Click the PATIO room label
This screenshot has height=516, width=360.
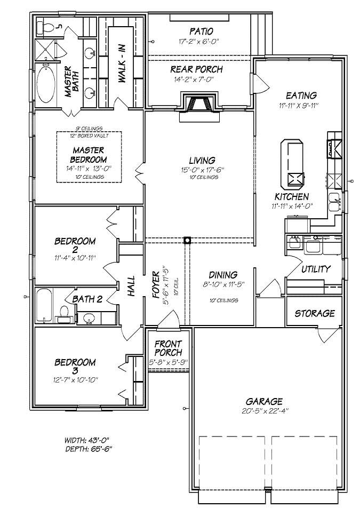(x=200, y=31)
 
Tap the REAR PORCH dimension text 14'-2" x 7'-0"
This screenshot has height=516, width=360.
(x=196, y=80)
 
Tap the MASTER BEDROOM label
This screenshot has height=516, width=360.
(x=89, y=155)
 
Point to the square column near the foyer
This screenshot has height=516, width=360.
(x=187, y=240)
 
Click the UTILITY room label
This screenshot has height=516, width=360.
(x=316, y=269)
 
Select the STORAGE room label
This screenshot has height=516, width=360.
(x=315, y=313)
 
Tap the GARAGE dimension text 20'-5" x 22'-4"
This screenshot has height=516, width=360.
(x=264, y=411)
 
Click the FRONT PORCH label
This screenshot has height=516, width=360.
(x=168, y=348)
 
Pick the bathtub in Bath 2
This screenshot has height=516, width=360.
(x=44, y=306)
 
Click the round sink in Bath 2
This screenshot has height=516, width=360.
(x=89, y=319)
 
